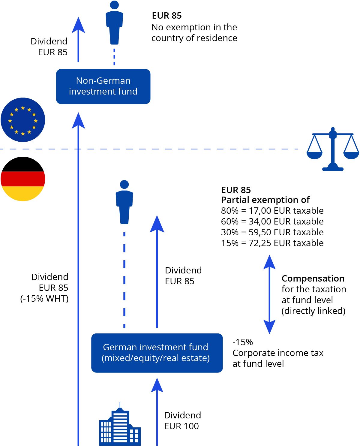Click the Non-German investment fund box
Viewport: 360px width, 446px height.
point(103,86)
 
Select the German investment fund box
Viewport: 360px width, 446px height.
point(157,353)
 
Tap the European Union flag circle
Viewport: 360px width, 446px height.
point(23,120)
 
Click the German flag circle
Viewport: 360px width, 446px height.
point(23,179)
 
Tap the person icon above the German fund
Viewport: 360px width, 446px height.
point(124,202)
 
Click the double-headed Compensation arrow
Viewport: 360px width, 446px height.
point(269,294)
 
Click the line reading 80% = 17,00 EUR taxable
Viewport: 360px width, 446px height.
point(272,211)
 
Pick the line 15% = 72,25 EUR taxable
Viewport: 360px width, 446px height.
point(272,243)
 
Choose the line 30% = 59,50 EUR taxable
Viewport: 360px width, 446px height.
point(272,232)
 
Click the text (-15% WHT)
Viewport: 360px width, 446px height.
point(44,299)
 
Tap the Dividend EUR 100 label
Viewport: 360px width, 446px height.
point(182,420)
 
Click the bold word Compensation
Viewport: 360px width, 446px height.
point(313,279)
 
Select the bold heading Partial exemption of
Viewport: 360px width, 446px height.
point(265,200)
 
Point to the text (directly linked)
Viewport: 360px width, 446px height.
point(313,311)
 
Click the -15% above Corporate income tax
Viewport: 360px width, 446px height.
point(243,342)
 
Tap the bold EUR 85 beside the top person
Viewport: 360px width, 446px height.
point(167,16)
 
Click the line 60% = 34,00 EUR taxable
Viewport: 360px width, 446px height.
point(272,221)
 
